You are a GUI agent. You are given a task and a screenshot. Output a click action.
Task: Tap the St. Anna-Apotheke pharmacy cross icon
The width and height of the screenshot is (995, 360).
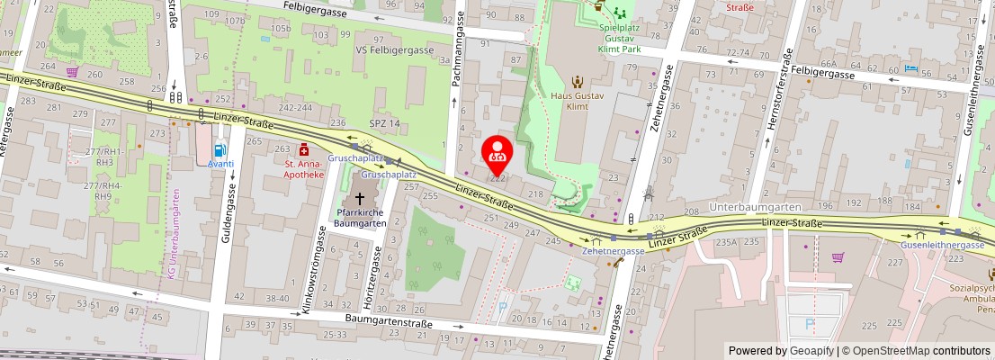pyautogui.click(x=304, y=149)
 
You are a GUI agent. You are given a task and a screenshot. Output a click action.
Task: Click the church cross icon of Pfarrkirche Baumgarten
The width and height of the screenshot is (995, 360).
pyautogui.click(x=360, y=197)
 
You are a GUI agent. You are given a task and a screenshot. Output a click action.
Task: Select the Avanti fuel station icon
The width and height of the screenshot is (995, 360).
pyautogui.click(x=220, y=150)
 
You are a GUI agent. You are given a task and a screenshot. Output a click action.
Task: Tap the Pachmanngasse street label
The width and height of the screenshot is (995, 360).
pyautogui.click(x=458, y=49)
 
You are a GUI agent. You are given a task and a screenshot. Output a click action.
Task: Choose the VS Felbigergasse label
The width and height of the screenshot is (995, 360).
pyautogui.click(x=394, y=51)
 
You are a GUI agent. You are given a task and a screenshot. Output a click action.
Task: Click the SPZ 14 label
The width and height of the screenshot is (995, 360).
pyautogui.click(x=383, y=122)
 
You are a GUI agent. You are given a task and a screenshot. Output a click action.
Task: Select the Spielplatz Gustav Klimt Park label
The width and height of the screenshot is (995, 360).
pyautogui.click(x=619, y=33)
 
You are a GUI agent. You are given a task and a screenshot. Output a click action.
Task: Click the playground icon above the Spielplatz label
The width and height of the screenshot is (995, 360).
pyautogui.click(x=619, y=13)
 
